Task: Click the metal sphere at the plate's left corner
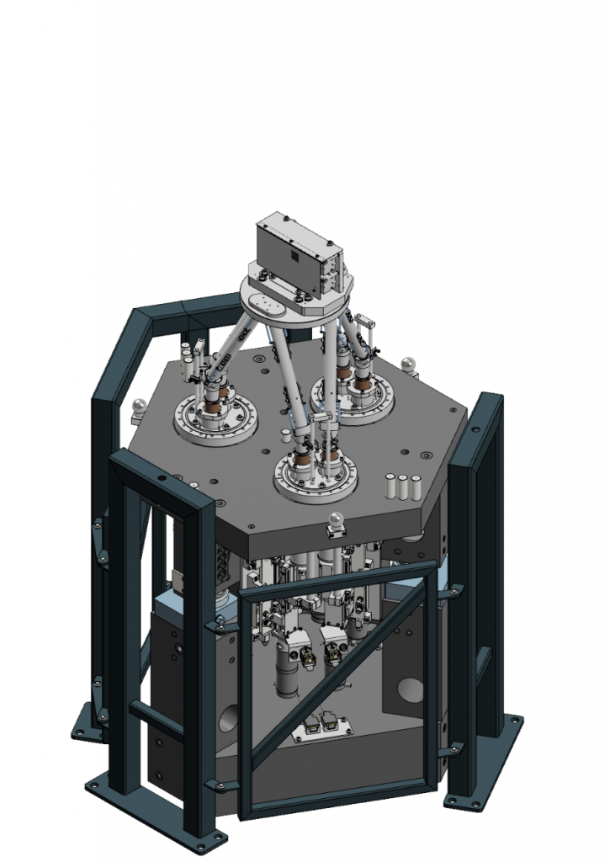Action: click(140, 406)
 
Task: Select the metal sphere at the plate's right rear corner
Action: click(409, 364)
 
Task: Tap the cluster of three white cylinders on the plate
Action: click(402, 486)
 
